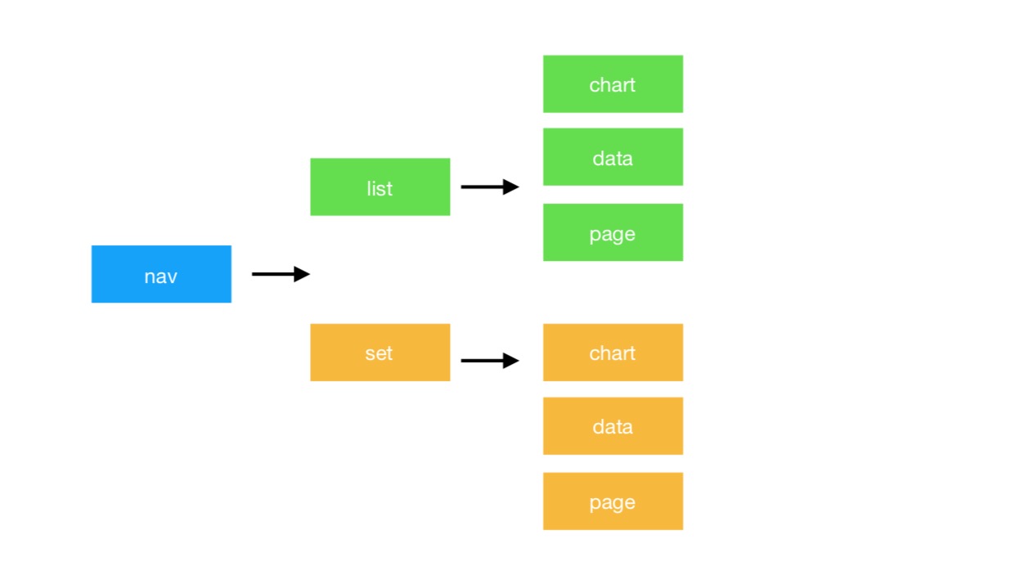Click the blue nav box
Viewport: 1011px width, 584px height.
tap(161, 274)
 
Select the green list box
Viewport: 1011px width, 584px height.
tap(380, 187)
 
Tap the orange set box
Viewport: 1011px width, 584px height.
tap(380, 353)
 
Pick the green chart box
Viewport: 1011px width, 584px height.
tap(613, 84)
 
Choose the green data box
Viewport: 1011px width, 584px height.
tap(613, 157)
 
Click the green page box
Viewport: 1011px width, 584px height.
tap(613, 232)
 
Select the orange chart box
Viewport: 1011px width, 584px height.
tap(613, 353)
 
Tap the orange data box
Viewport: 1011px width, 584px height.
tap(613, 426)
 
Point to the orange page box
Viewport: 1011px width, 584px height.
tap(613, 501)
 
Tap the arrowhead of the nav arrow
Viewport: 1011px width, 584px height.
tap(302, 274)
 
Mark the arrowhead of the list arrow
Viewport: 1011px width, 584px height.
tap(511, 187)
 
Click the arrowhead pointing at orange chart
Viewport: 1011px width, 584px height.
tap(511, 361)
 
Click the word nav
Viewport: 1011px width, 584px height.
tap(161, 276)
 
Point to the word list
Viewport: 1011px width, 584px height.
tap(380, 188)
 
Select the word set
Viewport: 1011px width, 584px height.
tap(379, 353)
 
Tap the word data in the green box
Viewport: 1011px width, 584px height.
tap(613, 158)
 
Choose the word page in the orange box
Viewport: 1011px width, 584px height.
tap(613, 502)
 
